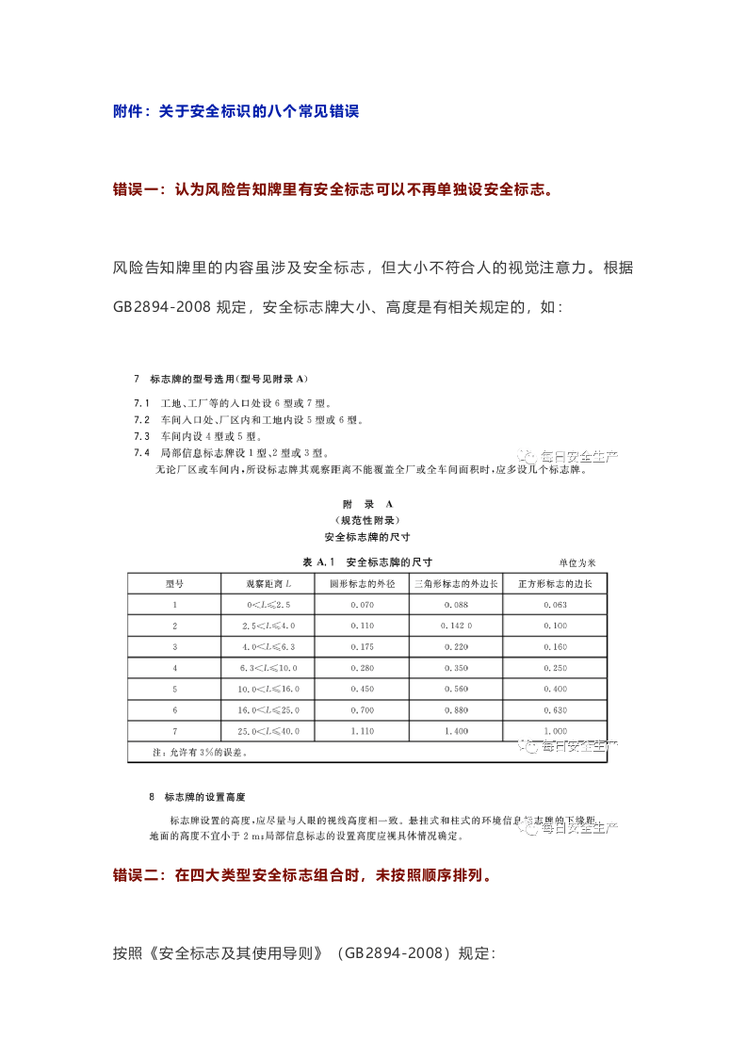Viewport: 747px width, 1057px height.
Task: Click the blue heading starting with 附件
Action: (x=235, y=111)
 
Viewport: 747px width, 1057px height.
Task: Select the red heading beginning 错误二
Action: (x=301, y=875)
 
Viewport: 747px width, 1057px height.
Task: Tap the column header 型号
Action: (x=173, y=584)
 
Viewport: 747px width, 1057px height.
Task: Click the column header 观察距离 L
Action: (x=269, y=584)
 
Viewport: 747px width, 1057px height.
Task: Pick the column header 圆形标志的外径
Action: (x=362, y=584)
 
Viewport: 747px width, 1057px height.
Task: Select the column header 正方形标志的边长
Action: (x=555, y=584)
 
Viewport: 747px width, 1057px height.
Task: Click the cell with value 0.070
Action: (x=362, y=605)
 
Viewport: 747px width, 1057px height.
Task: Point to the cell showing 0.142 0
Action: (x=457, y=626)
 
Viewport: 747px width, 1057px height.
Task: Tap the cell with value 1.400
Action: (x=457, y=731)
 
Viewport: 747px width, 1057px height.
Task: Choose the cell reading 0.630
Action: (x=555, y=709)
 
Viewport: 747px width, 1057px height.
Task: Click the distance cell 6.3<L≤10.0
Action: (x=269, y=668)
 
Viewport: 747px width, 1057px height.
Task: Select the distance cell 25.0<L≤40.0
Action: (x=269, y=731)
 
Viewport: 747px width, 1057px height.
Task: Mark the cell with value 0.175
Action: (x=362, y=647)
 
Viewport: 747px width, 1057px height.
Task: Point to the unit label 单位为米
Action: (x=576, y=562)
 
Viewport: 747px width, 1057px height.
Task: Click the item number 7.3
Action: (x=141, y=436)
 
